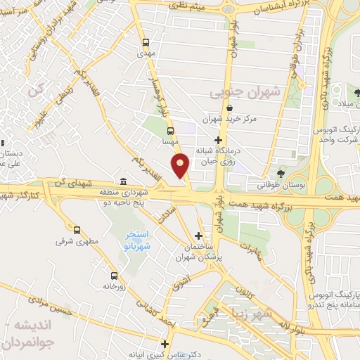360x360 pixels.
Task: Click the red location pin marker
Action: click(x=181, y=165)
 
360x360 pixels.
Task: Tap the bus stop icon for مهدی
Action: click(x=146, y=41)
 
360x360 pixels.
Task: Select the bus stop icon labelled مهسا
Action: click(x=169, y=131)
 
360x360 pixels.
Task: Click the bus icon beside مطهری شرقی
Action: click(x=77, y=229)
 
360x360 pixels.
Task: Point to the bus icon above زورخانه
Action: click(x=114, y=276)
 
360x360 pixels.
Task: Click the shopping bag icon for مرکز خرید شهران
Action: click(x=231, y=108)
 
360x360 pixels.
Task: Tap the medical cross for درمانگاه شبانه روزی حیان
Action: click(x=219, y=140)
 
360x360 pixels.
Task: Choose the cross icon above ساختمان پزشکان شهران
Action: click(x=199, y=235)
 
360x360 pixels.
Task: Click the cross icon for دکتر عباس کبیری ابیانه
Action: click(x=165, y=344)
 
